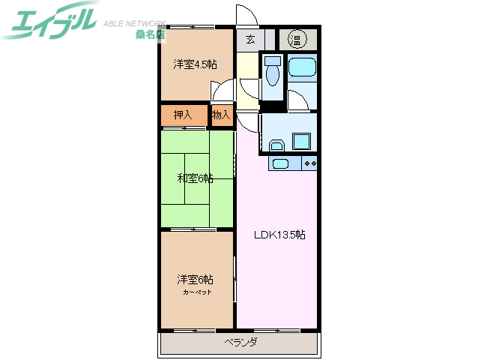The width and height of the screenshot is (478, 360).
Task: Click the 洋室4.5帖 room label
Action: (195, 64)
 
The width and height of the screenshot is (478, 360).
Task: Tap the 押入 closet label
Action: (183, 115)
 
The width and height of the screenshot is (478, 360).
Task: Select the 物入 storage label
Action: (220, 115)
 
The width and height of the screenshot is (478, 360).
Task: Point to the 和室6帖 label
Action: (195, 178)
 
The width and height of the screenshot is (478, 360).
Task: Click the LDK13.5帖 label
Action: (279, 234)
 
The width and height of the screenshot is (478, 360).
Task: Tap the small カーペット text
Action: (196, 291)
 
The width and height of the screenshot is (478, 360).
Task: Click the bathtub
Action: (303, 68)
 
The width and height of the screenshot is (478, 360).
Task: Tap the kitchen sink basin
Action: (281, 164)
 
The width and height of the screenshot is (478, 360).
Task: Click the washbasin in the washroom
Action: (275, 145)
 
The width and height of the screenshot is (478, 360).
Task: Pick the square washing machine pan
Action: (302, 142)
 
